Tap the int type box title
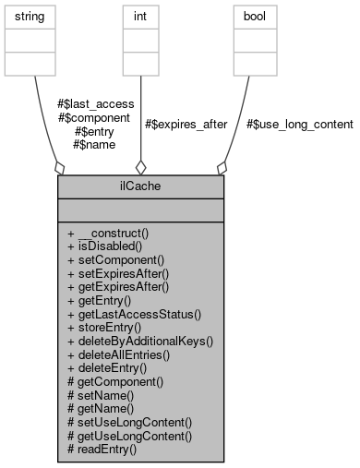140,18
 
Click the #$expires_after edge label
186,124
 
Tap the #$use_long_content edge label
300,124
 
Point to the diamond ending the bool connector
221,167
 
